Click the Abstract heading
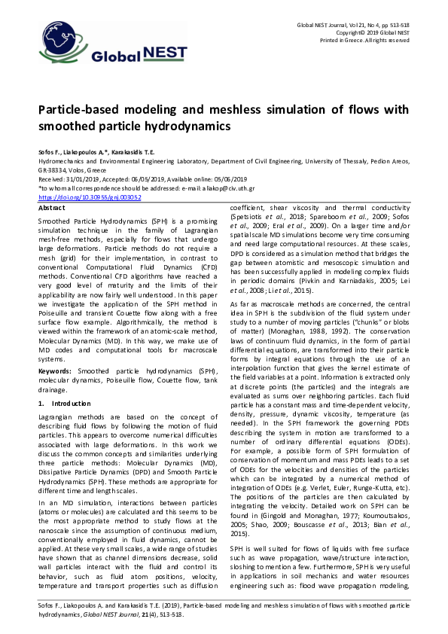coord(51,206)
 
